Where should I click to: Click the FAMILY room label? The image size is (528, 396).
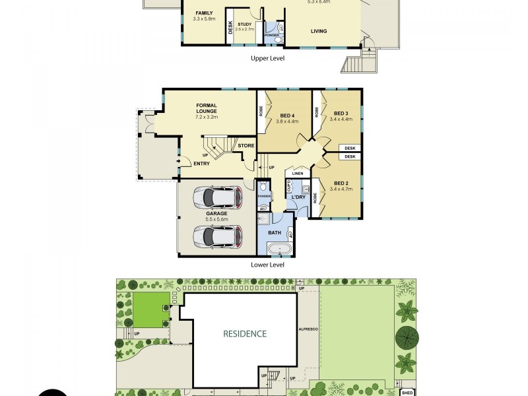[204, 13]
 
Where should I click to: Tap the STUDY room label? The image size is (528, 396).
[245, 24]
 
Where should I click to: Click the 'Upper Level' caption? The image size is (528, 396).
[267, 58]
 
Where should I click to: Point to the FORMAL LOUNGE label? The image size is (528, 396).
[207, 108]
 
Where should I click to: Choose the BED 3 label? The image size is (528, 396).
[341, 113]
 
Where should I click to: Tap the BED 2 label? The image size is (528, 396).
[341, 183]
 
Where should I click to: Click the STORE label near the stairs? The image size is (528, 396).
[246, 145]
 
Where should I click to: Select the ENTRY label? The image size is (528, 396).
[201, 164]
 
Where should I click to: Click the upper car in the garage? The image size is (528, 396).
[216, 197]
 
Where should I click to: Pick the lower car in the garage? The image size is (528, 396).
[216, 235]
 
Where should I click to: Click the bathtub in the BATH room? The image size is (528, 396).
[279, 249]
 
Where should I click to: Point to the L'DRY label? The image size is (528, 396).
[298, 197]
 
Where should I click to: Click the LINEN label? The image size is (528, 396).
[297, 174]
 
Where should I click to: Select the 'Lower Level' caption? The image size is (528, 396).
[267, 265]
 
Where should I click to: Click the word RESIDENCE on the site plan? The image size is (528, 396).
[244, 334]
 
